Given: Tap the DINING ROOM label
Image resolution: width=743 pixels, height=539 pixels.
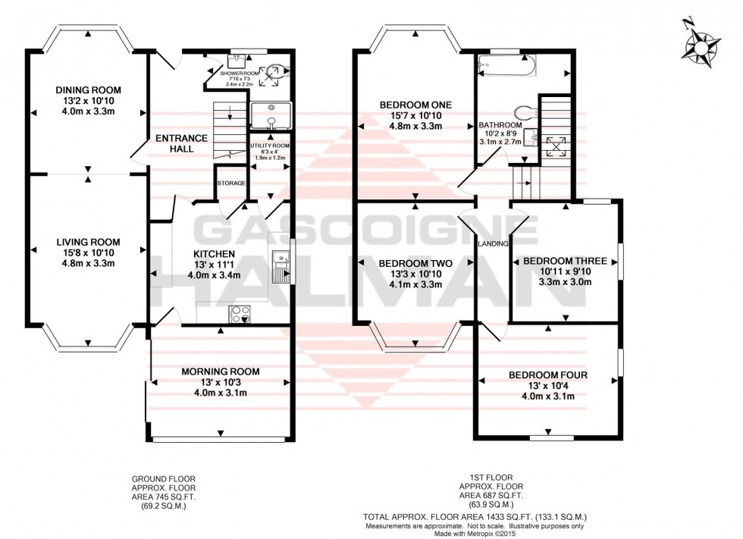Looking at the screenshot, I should pyautogui.click(x=89, y=90).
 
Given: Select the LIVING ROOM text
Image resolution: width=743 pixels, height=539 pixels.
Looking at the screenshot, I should pyautogui.click(x=88, y=242).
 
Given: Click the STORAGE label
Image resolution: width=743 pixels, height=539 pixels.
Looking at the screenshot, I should pyautogui.click(x=230, y=183).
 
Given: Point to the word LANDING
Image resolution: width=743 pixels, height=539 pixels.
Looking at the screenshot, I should pyautogui.click(x=493, y=243).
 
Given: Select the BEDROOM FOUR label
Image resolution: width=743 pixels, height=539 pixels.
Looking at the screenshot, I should pyautogui.click(x=547, y=375).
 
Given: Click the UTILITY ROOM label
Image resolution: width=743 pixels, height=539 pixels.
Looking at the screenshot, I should pyautogui.click(x=270, y=145).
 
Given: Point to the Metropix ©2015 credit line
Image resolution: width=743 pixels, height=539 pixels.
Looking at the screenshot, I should pyautogui.click(x=475, y=533).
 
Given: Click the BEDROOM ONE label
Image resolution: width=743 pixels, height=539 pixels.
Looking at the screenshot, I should pyautogui.click(x=415, y=105).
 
